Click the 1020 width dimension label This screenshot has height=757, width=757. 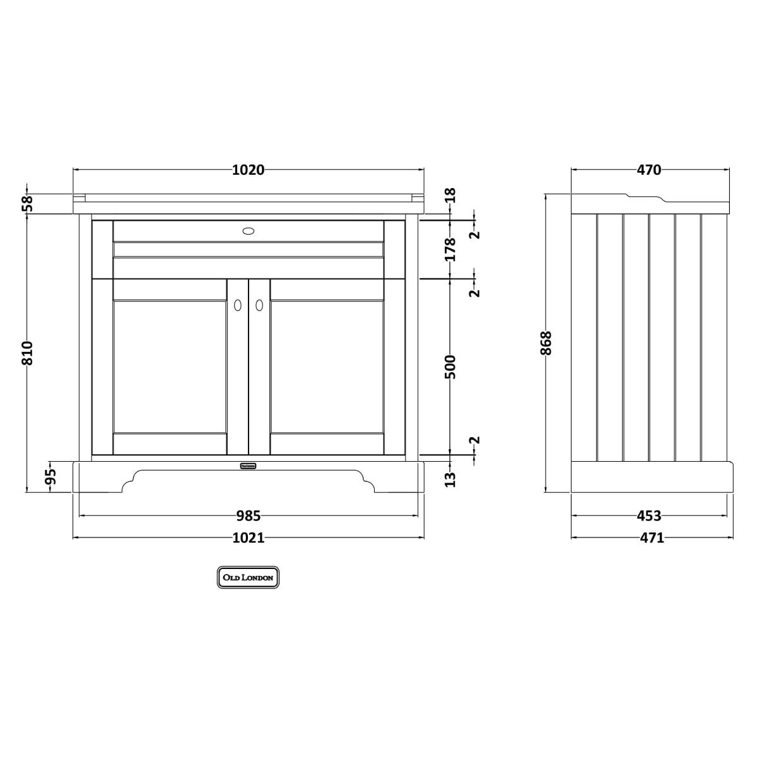pyautogui.click(x=249, y=170)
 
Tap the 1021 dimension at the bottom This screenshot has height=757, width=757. pyautogui.click(x=249, y=537)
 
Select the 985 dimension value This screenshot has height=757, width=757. pyautogui.click(x=249, y=515)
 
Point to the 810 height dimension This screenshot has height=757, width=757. pyautogui.click(x=27, y=353)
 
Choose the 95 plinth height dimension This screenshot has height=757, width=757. pyautogui.click(x=50, y=476)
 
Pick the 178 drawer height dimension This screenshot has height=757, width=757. pyautogui.click(x=451, y=249)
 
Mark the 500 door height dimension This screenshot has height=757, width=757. pyautogui.click(x=451, y=367)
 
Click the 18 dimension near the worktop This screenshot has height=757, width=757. pyautogui.click(x=451, y=195)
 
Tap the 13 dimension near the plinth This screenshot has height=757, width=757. pyautogui.click(x=451, y=479)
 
